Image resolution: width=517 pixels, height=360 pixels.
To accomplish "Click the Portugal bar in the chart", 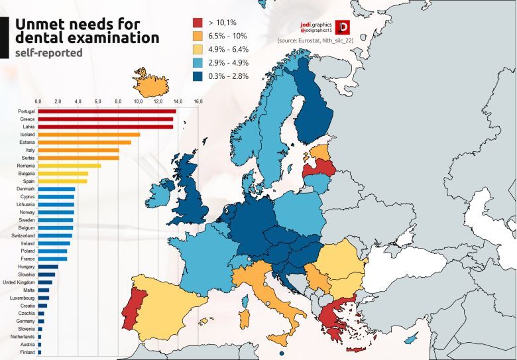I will [x=107, y=111].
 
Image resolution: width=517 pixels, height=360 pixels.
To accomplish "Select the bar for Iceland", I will [x=89, y=135].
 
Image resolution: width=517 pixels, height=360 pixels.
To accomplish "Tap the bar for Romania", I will [x=70, y=166].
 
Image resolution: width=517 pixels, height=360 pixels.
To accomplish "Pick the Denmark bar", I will [x=56, y=189].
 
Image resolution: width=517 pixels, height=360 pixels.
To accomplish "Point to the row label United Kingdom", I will [x=20, y=282].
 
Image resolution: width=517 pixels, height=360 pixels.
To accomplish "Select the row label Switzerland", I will [x=23, y=235].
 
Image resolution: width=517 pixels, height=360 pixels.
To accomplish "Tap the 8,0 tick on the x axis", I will [x=118, y=101].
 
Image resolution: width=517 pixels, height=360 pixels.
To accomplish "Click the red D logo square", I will [x=343, y=27].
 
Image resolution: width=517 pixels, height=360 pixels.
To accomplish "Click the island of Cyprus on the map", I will [x=412, y=340].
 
